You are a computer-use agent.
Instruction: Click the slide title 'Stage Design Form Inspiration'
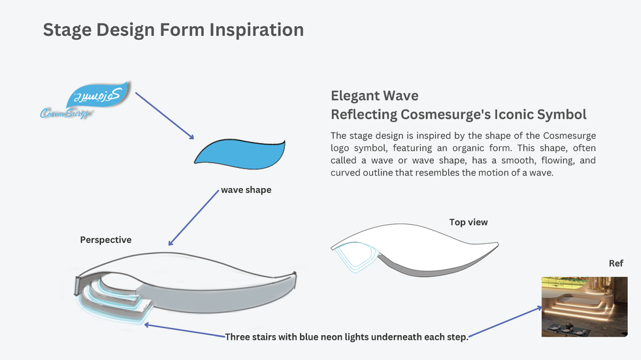173,30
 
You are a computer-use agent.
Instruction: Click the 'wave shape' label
246,190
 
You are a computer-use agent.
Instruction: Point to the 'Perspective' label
106,240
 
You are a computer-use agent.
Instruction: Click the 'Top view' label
468,222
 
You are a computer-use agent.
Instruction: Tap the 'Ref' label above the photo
616,263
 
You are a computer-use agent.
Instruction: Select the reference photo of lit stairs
584,306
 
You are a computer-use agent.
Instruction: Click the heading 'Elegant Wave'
374,96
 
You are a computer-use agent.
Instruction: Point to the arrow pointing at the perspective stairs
183,330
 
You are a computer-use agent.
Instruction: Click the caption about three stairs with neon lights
346,337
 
